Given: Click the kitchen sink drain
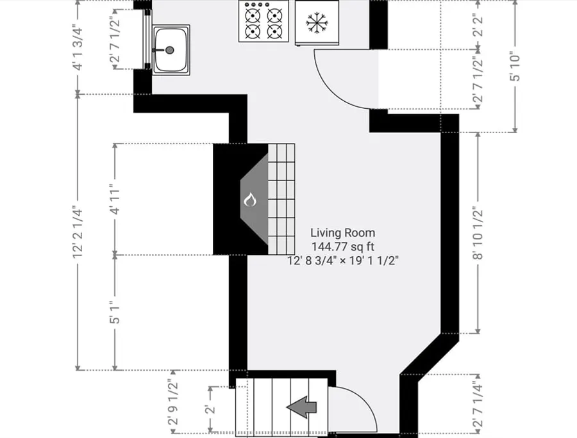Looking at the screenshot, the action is coord(170,50).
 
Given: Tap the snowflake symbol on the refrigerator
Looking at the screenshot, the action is coord(317,23).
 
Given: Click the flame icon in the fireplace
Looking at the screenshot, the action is coord(250,200).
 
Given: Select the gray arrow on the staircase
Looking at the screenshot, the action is coord(301,407).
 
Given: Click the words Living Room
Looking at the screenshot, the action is coord(342,232).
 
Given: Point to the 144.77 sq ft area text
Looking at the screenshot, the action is coord(342,246).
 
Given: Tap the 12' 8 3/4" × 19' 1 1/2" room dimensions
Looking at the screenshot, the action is coord(343,261).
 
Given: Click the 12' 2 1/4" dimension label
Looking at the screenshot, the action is coord(78,232).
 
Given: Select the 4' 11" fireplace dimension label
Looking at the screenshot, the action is coord(115,200).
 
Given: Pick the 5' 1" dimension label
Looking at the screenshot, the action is coord(115,312).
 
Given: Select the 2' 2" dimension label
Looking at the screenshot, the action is coord(478,25).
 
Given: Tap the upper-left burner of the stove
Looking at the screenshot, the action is coord(253,16).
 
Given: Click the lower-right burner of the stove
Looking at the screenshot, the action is coord(274,31).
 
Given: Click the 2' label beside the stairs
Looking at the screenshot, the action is coord(210,409).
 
